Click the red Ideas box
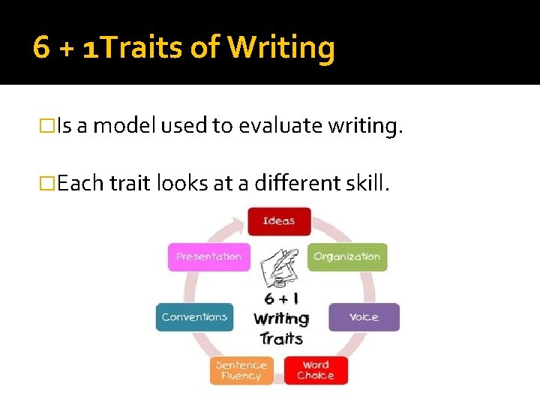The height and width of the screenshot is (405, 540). click(x=279, y=221)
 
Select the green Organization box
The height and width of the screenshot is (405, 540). click(x=347, y=256)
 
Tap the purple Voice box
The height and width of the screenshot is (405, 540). click(x=364, y=317)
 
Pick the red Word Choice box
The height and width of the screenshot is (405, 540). click(x=316, y=370)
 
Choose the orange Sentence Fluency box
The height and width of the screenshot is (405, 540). click(x=241, y=370)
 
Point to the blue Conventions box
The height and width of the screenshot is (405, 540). click(x=194, y=317)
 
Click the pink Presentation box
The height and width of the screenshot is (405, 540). click(x=208, y=256)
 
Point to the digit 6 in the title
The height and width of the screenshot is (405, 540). click(x=42, y=48)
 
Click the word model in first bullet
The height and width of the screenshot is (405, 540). click(x=122, y=127)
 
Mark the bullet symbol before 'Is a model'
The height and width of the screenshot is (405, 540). click(x=48, y=127)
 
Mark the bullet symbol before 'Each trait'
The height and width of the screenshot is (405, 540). click(x=48, y=183)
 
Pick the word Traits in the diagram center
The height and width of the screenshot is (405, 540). click(x=281, y=338)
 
